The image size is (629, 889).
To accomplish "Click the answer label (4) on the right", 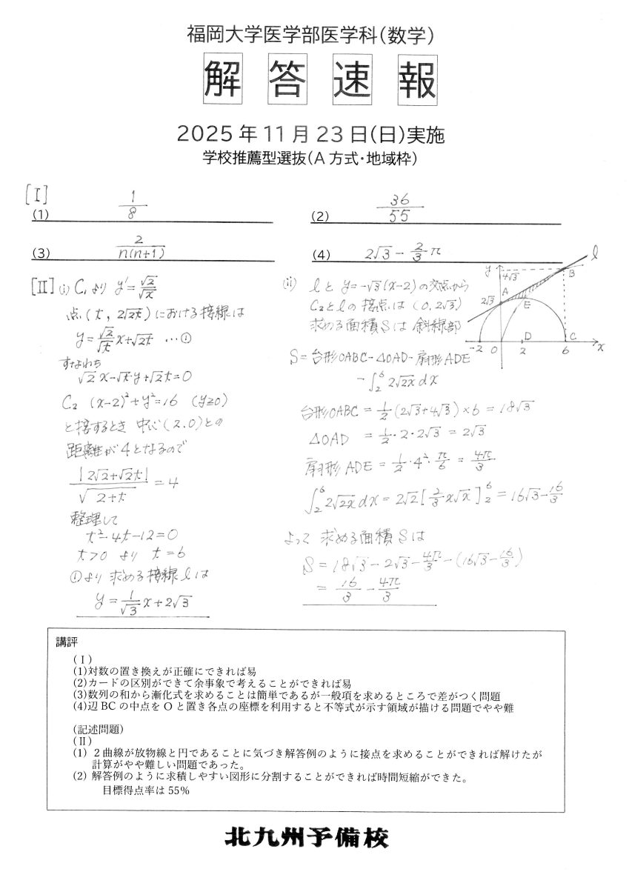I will click(x=321, y=255).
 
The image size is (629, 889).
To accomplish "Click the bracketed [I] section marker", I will click(x=36, y=197).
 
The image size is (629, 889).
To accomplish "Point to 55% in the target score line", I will click(x=178, y=790).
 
